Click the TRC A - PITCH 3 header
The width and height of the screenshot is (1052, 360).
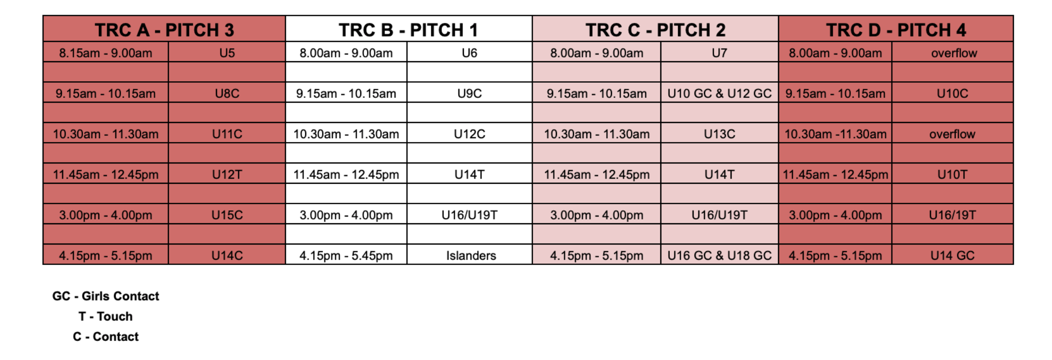(164, 30)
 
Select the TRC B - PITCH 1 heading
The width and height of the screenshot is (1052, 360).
(408, 30)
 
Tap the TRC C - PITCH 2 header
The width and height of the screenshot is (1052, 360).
(656, 30)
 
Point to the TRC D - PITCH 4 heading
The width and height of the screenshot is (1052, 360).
(896, 30)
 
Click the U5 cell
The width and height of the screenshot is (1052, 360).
(227, 53)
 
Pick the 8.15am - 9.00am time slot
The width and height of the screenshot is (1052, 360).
(105, 53)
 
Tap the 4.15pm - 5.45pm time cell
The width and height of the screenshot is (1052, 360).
(346, 256)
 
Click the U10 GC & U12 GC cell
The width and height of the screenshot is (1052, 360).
(719, 94)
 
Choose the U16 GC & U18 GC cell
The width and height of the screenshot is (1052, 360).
(719, 256)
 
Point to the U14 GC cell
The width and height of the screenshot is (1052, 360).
(952, 256)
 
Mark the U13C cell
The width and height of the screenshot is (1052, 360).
(719, 134)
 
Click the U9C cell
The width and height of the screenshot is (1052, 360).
(470, 94)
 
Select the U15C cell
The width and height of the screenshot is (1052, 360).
(227, 215)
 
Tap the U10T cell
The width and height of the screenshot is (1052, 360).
(952, 174)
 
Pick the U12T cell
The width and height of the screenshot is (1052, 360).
(227, 174)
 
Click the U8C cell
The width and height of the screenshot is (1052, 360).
(227, 94)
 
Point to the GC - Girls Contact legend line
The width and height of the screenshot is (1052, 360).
(105, 296)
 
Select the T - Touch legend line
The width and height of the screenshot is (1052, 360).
(105, 316)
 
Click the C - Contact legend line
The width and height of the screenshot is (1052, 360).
(105, 337)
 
